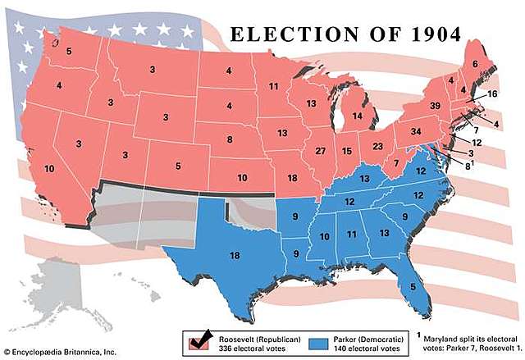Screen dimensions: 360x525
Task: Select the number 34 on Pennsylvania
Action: click(416, 131)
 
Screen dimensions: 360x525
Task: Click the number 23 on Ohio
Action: click(377, 146)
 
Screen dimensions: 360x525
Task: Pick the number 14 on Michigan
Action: click(358, 116)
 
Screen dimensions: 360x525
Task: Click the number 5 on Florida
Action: click(412, 286)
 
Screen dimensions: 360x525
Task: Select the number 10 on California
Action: click(49, 170)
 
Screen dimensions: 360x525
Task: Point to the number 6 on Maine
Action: click(474, 63)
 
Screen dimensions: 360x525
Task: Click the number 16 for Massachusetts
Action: click(492, 94)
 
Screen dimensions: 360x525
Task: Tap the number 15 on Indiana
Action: click(347, 152)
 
